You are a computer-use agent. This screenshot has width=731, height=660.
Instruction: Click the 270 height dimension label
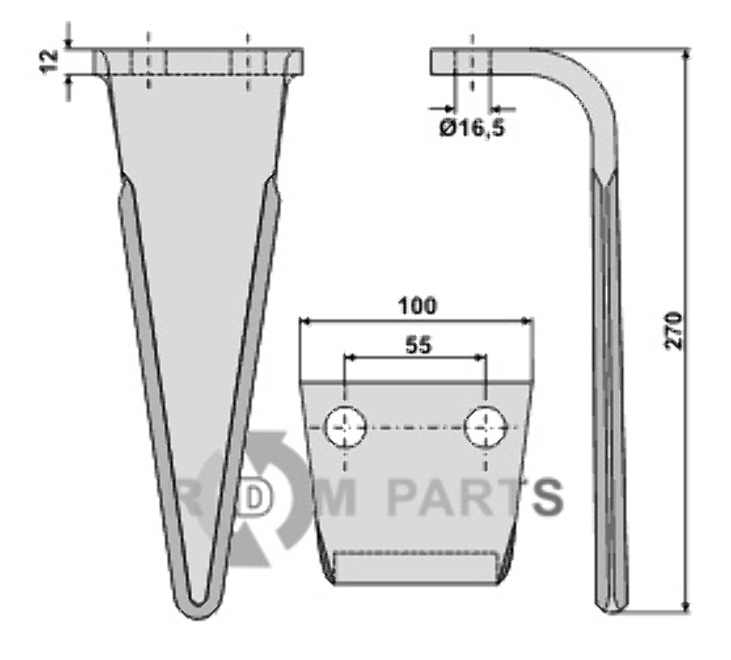tap(674, 332)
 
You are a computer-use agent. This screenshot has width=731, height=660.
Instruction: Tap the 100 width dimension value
tap(417, 306)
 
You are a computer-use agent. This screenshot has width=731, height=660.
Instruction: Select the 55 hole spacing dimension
tap(418, 346)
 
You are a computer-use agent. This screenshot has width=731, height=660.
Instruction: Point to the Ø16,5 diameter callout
tap(472, 127)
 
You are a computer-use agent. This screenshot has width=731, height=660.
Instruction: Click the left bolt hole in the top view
tap(346, 427)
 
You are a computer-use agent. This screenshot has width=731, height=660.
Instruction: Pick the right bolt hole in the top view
tap(486, 427)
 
